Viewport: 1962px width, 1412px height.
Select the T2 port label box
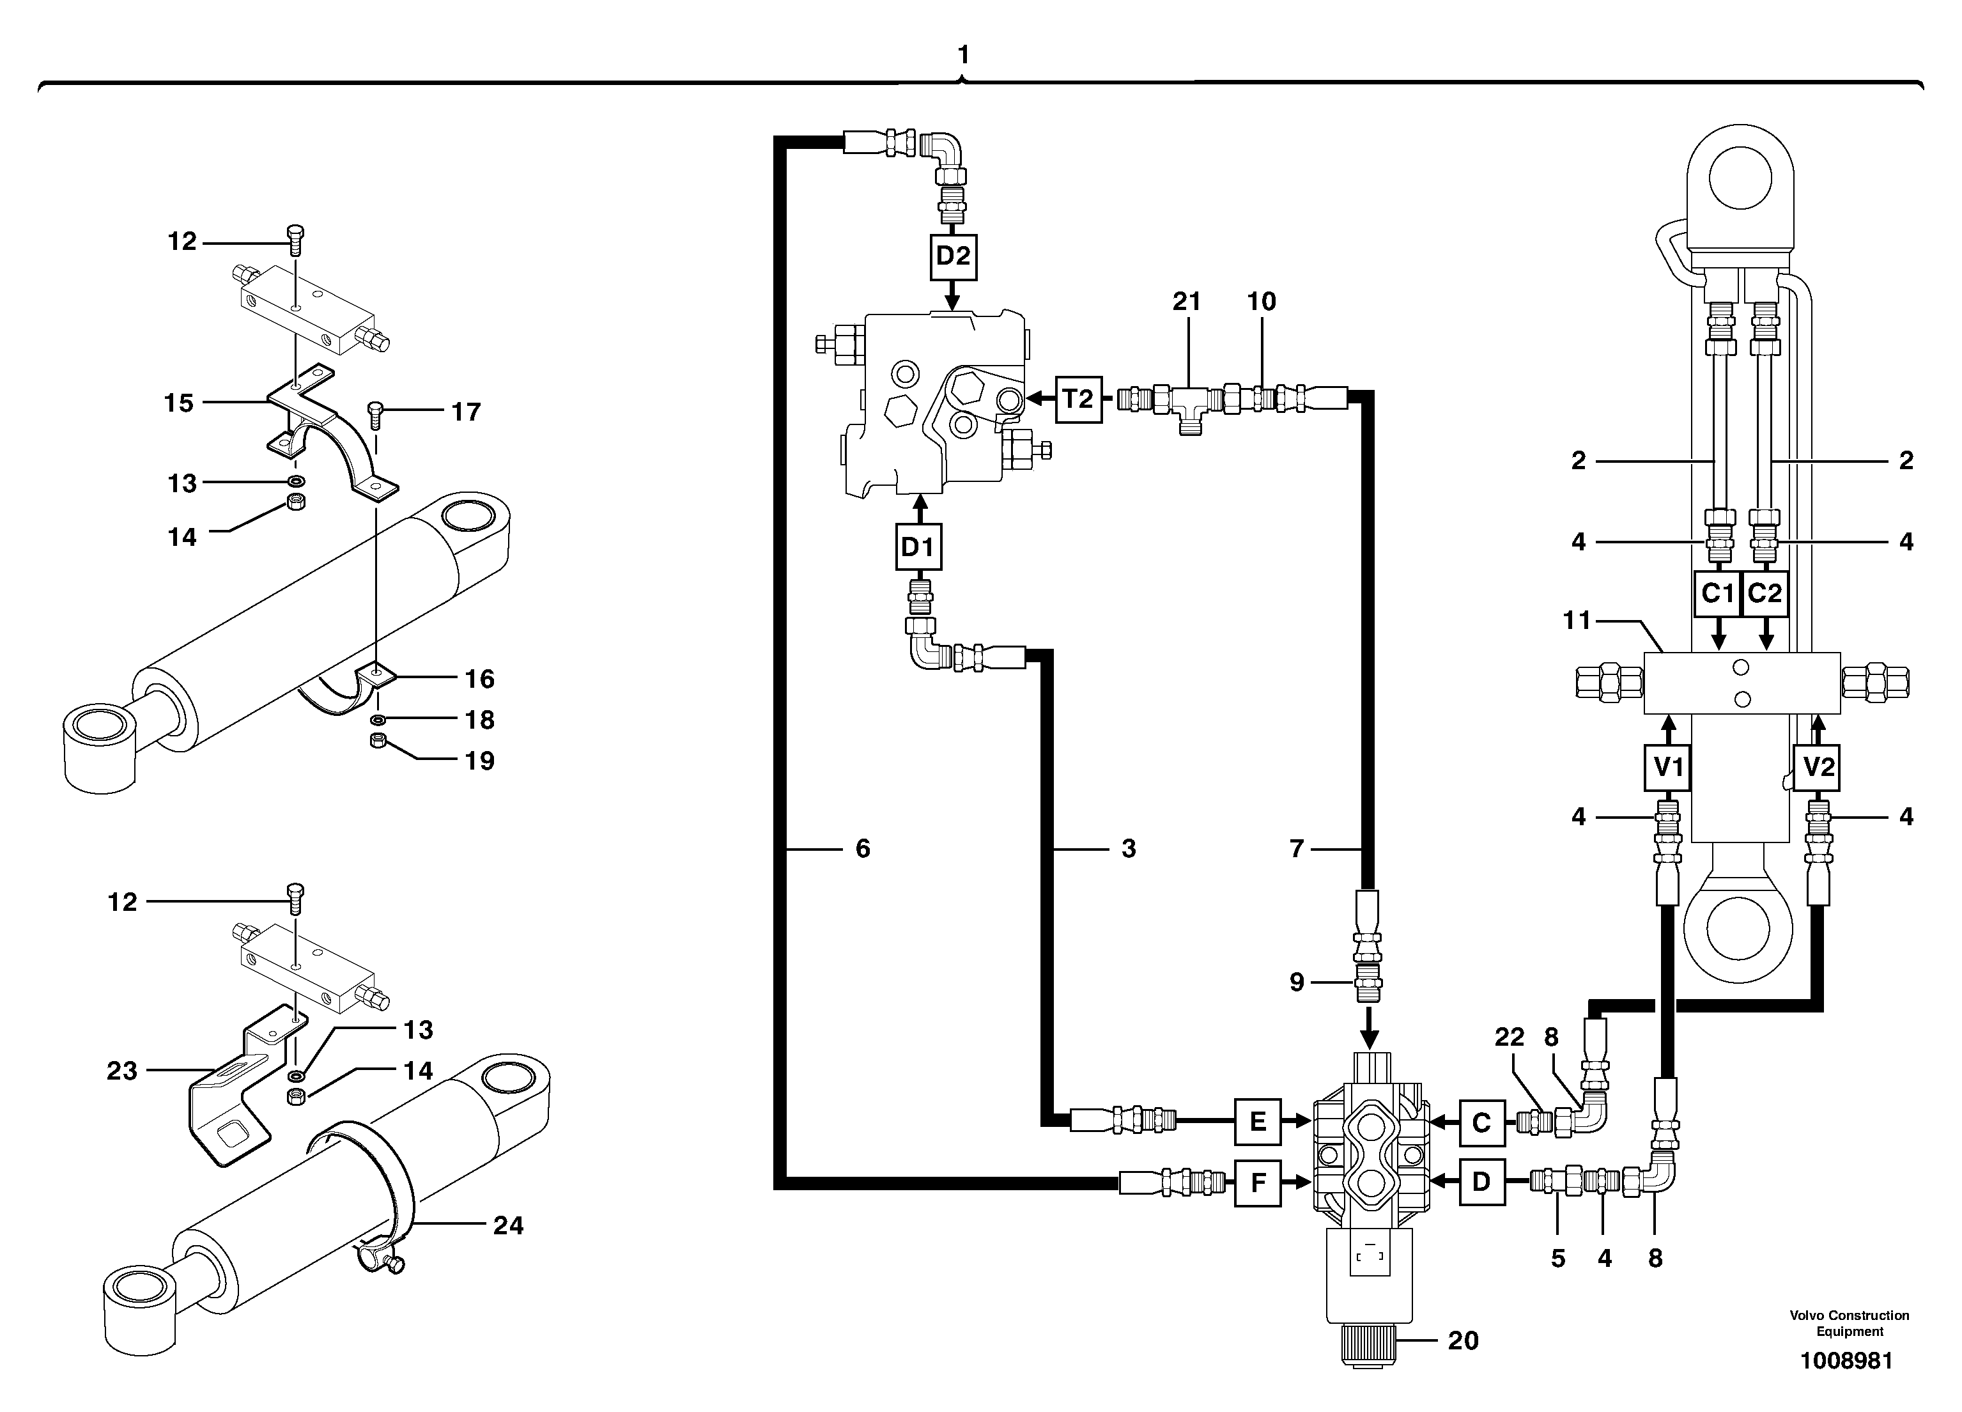pyautogui.click(x=1078, y=399)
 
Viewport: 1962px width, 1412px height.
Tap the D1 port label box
pyautogui.click(x=918, y=547)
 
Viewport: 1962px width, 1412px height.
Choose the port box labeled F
pyautogui.click(x=1257, y=1182)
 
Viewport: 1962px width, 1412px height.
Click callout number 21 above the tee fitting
pyautogui.click(x=1186, y=301)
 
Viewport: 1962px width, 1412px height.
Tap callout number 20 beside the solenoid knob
pyautogui.click(x=1463, y=1340)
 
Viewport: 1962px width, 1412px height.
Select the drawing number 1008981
pyautogui.click(x=1846, y=1361)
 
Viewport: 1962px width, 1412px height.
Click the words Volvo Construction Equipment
pyautogui.click(x=1849, y=1323)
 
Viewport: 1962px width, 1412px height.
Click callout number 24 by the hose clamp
pyautogui.click(x=508, y=1225)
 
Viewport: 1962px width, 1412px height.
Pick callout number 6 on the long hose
pyautogui.click(x=863, y=849)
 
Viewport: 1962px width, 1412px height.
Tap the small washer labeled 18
pyautogui.click(x=378, y=720)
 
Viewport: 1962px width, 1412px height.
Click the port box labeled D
pyautogui.click(x=1481, y=1182)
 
